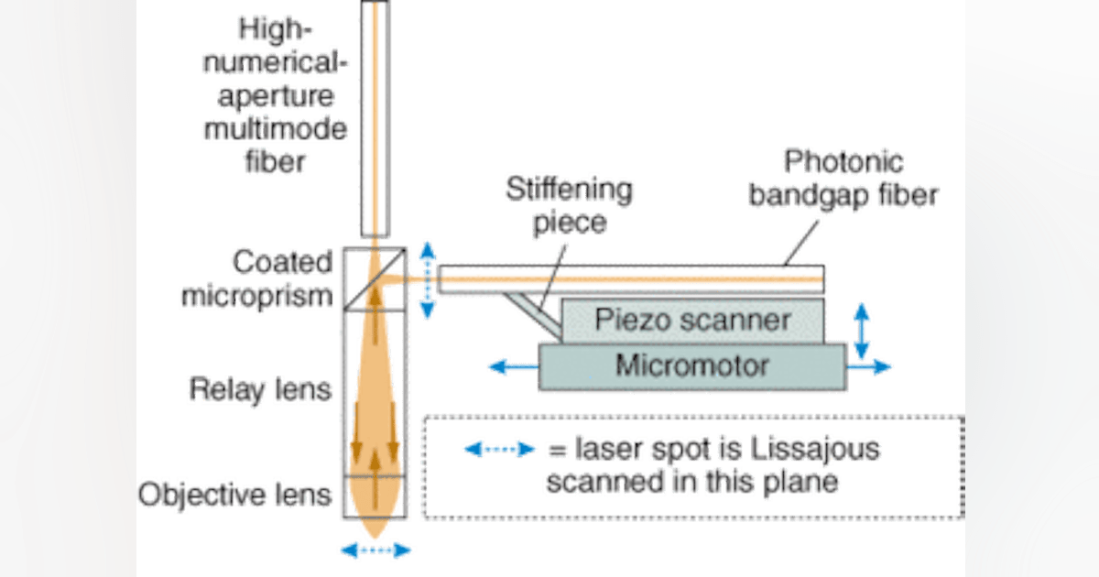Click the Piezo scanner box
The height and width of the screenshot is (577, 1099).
692,321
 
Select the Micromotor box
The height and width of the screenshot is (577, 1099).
692,365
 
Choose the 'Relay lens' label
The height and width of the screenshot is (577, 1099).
259,391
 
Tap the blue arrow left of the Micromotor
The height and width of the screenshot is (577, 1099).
511,366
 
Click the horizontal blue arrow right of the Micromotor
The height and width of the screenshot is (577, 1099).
870,366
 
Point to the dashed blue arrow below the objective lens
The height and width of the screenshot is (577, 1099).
375,550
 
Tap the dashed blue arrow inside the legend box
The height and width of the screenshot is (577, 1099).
497,449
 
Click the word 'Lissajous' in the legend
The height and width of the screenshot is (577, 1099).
826,449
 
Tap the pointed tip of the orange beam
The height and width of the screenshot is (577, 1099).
375,534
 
